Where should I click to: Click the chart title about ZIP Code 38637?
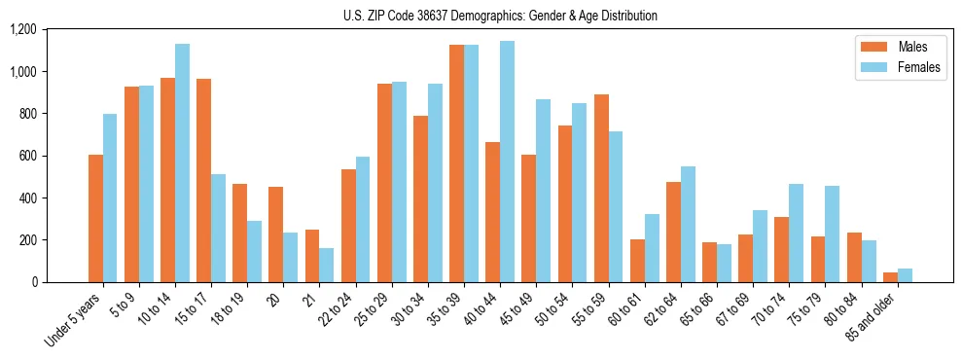pos(500,16)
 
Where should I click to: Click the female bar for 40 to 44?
pos(507,162)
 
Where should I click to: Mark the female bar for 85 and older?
pos(905,275)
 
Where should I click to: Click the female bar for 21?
pos(326,266)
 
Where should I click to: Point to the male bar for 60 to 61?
pos(637,261)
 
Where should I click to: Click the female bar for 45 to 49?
pos(543,191)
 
